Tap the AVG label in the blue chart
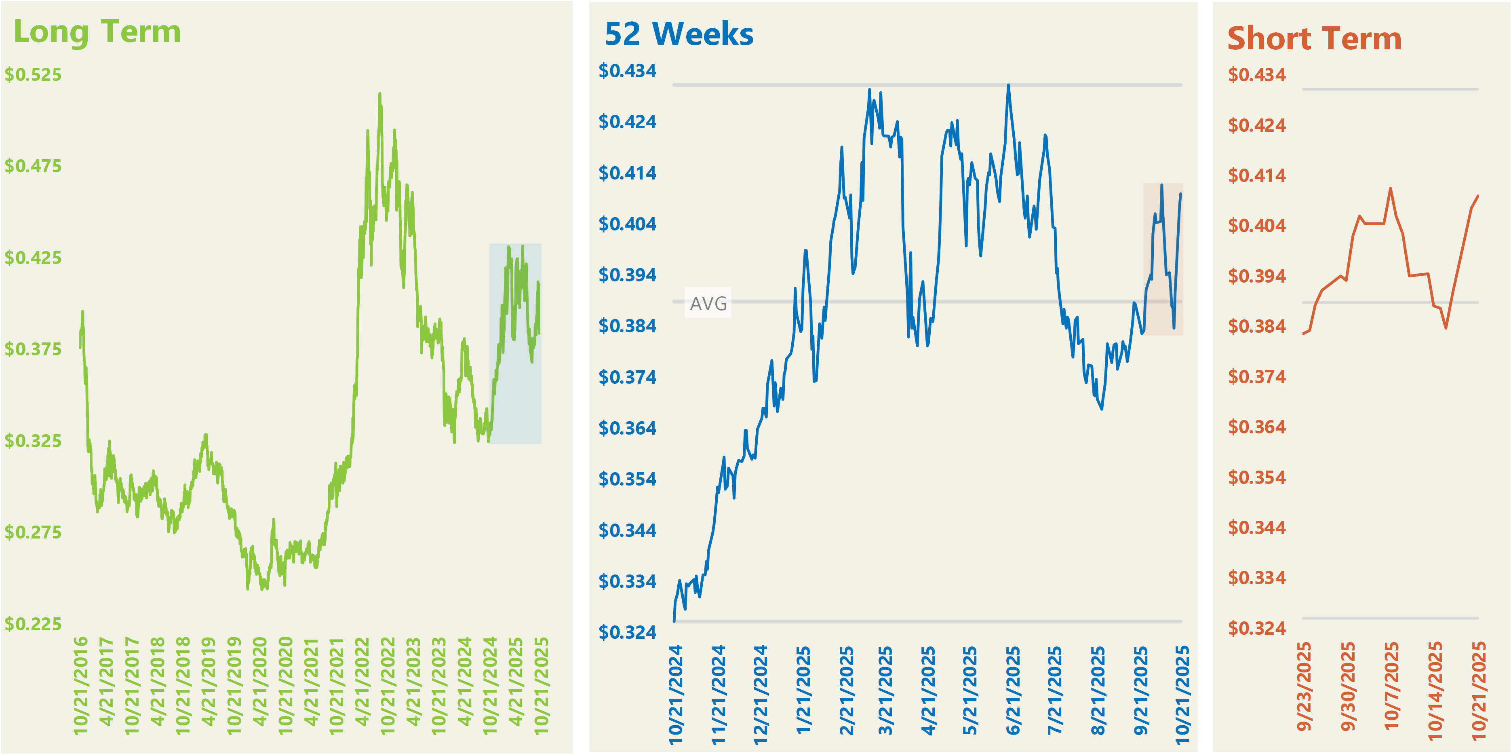tap(708, 303)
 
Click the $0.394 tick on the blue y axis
tap(627, 275)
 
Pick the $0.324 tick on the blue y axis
tap(627, 632)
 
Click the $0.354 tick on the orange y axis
tap(1256, 477)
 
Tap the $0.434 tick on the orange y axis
tap(1256, 74)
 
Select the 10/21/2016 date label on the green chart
tap(80, 685)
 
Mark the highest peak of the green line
tap(379, 93)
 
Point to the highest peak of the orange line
tap(1390, 188)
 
